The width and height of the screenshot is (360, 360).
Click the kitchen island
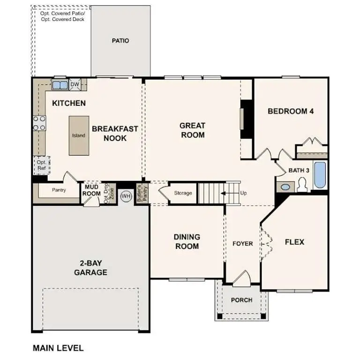click(78, 135)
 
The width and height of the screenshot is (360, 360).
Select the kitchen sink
click(60, 85)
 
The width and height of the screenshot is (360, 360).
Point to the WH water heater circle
click(126, 195)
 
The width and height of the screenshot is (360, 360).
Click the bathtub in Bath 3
click(320, 175)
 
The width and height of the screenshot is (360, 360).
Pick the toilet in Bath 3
click(301, 186)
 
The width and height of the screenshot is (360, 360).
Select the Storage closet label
click(183, 193)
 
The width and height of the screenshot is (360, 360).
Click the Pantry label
click(59, 190)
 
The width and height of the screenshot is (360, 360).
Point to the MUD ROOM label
click(92, 190)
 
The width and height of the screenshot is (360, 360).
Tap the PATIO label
click(120, 41)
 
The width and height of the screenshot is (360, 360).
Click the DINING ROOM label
click(187, 241)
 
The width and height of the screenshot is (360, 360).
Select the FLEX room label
click(294, 242)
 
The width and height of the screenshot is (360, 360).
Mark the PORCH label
click(242, 300)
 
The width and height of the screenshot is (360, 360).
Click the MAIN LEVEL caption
click(58, 348)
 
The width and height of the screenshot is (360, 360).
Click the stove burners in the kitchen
click(39, 123)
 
